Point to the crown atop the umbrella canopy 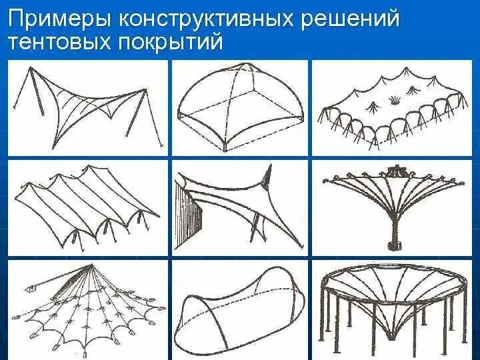click(399, 171)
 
